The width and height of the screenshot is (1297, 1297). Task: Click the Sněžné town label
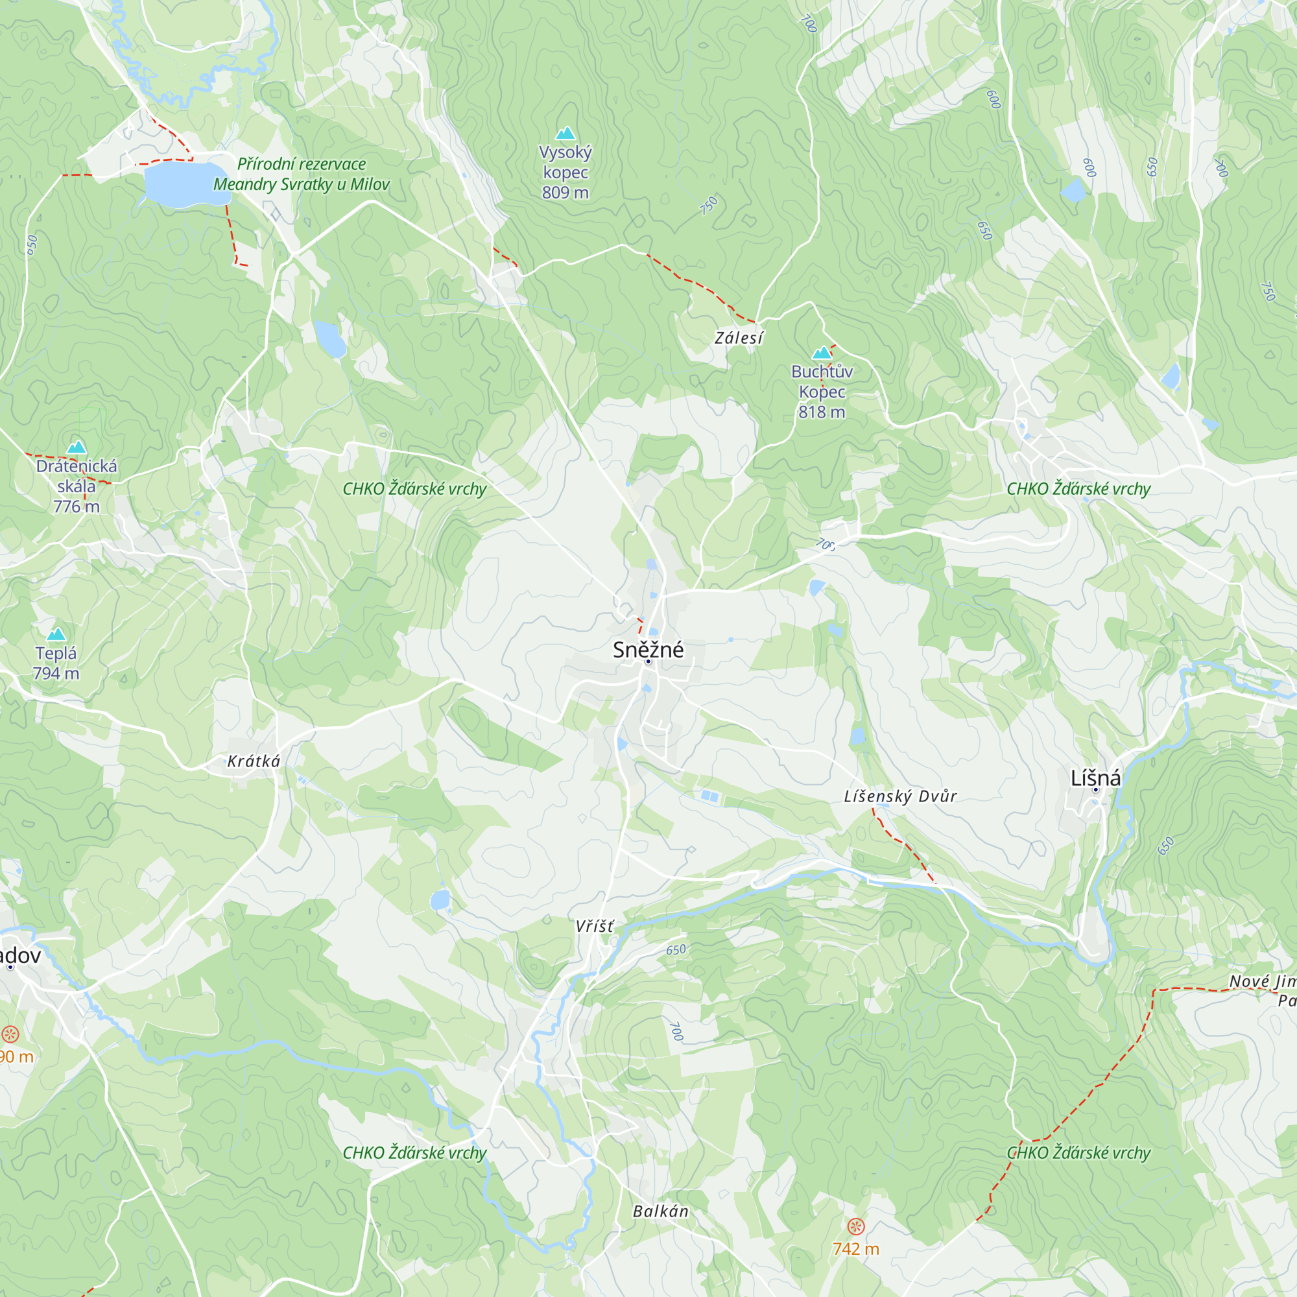(648, 649)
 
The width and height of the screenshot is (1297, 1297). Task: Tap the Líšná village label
(1095, 778)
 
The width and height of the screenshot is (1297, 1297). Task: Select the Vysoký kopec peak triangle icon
(565, 133)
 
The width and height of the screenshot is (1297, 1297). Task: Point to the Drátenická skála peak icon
(77, 447)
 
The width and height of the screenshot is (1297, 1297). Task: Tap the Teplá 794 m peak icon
(56, 634)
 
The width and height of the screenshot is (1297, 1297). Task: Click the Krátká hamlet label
(253, 761)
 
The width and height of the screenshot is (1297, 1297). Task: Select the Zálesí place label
(739, 338)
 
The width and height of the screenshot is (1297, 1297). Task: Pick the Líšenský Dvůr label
(900, 796)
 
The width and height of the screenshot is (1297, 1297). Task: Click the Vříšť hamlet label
(594, 927)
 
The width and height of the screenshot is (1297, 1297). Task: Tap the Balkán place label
(661, 1211)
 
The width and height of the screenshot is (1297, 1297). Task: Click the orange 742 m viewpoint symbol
(855, 1226)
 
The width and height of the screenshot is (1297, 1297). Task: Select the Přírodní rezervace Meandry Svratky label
(302, 174)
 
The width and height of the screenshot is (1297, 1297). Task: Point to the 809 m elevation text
(565, 193)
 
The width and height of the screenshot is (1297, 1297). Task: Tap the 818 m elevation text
(822, 412)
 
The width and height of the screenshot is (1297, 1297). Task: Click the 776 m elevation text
(77, 506)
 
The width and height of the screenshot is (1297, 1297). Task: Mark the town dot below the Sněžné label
(648, 662)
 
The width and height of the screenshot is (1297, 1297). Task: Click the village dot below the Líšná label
(1095, 789)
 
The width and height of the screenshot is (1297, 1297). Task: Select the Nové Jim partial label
(1261, 981)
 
